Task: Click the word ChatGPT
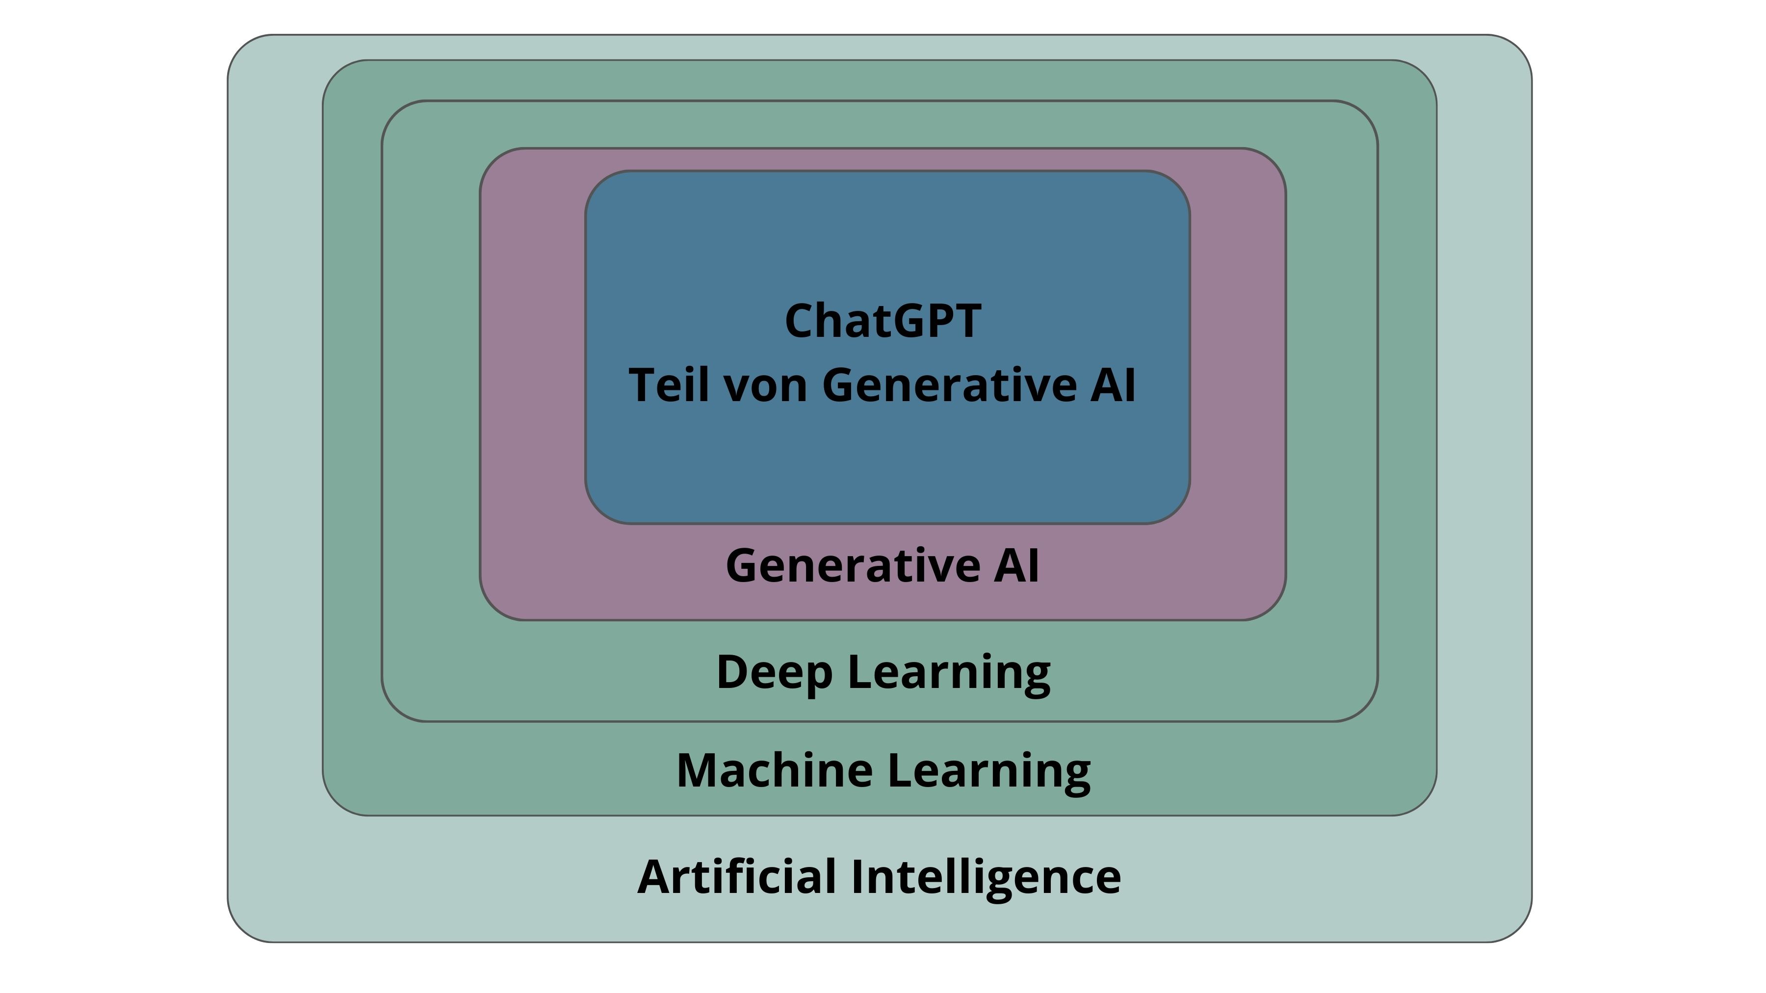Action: [x=883, y=321]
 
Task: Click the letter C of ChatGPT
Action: [x=800, y=321]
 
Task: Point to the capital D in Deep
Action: [x=733, y=672]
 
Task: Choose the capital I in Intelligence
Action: [x=857, y=877]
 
